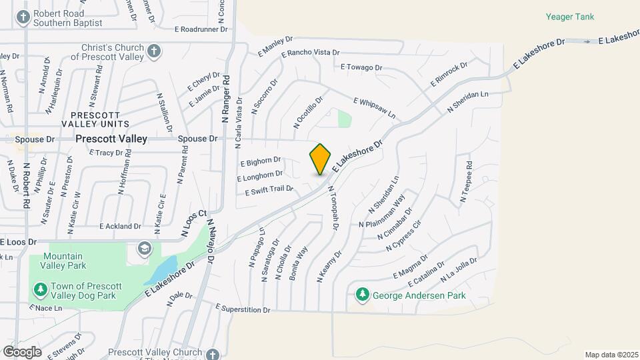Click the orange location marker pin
tap(320, 159)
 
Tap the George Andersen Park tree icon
tap(363, 294)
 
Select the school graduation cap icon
tap(144, 249)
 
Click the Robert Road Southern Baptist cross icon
tap(23, 17)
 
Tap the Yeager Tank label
tap(569, 17)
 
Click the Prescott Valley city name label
tap(111, 139)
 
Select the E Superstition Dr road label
tap(243, 309)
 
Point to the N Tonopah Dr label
tap(333, 209)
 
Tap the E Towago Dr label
tap(361, 67)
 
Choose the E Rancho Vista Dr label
tap(311, 53)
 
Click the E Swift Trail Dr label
tap(269, 191)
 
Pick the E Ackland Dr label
tap(120, 227)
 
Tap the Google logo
tap(22, 351)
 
